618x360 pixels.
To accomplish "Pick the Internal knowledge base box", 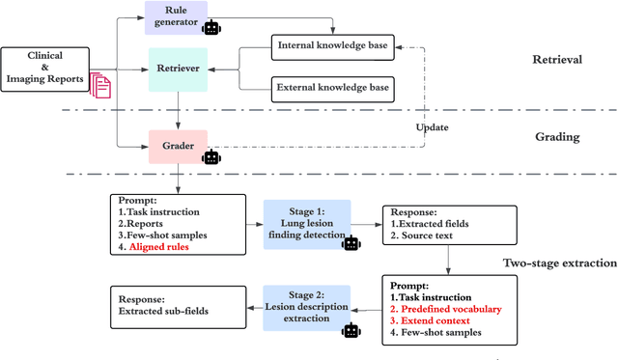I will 334,45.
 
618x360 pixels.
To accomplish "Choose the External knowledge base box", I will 334,88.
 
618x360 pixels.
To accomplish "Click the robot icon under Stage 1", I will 351,243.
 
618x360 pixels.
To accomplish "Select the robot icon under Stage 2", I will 351,331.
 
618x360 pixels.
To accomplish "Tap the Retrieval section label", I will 557,60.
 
